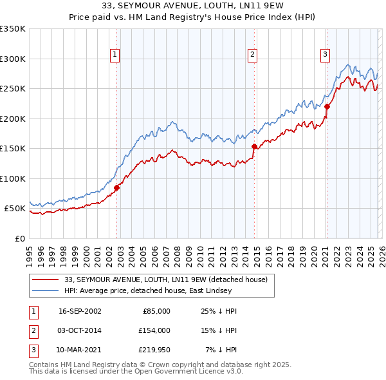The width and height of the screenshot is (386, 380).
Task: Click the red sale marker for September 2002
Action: [117, 187]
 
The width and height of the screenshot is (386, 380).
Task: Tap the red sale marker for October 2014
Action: [254, 146]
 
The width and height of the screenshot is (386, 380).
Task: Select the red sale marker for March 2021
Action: [327, 106]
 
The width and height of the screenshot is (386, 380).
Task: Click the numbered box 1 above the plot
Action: [115, 55]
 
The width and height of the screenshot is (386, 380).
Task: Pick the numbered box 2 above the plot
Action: [253, 55]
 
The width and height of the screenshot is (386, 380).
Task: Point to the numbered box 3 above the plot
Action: [326, 55]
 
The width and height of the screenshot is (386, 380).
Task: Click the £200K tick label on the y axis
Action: [13, 119]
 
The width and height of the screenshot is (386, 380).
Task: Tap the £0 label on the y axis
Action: [21, 238]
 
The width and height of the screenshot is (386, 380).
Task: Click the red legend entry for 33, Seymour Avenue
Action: [170, 280]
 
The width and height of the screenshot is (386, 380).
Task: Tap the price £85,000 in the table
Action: [156, 311]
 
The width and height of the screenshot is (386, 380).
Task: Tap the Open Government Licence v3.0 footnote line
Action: [136, 372]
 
